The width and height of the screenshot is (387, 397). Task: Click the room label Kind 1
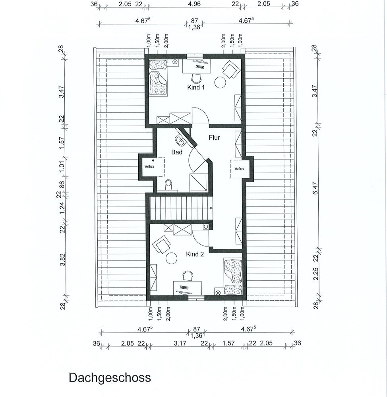point(195,87)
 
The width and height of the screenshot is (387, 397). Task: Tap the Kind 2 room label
point(195,254)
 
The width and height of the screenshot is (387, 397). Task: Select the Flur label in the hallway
point(214,137)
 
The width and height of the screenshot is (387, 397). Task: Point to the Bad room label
point(177,152)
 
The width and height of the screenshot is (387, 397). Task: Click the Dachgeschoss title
point(110,378)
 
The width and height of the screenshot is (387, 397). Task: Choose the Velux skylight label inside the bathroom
point(149,166)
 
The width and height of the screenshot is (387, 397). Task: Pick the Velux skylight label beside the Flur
point(239,169)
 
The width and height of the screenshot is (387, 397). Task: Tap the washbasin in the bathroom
point(181,141)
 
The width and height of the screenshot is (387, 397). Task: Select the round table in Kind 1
point(220,82)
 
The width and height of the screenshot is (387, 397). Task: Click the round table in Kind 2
point(172,258)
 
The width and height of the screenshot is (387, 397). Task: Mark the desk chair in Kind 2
point(188,276)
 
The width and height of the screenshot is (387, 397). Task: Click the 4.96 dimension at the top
point(194,4)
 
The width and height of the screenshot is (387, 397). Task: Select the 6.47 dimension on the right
point(315,188)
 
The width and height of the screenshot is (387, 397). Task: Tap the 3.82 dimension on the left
point(62,260)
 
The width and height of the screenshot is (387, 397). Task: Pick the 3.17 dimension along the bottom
point(180,343)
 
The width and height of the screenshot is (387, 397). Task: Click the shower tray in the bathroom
point(199,182)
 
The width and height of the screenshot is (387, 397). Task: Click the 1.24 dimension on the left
point(62,208)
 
